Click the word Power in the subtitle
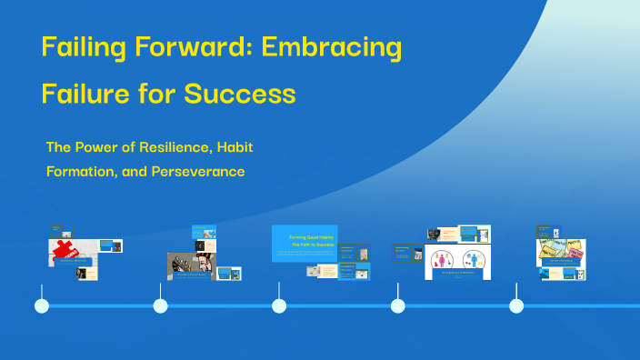pyautogui.click(x=100, y=146)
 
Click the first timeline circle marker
pyautogui.click(x=42, y=305)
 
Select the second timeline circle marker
pyautogui.click(x=161, y=305)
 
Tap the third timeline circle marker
pyautogui.click(x=279, y=305)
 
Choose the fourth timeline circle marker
pyautogui.click(x=397, y=305)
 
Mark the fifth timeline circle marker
pyautogui.click(x=516, y=305)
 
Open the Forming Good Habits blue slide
pyautogui.click(x=305, y=243)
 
